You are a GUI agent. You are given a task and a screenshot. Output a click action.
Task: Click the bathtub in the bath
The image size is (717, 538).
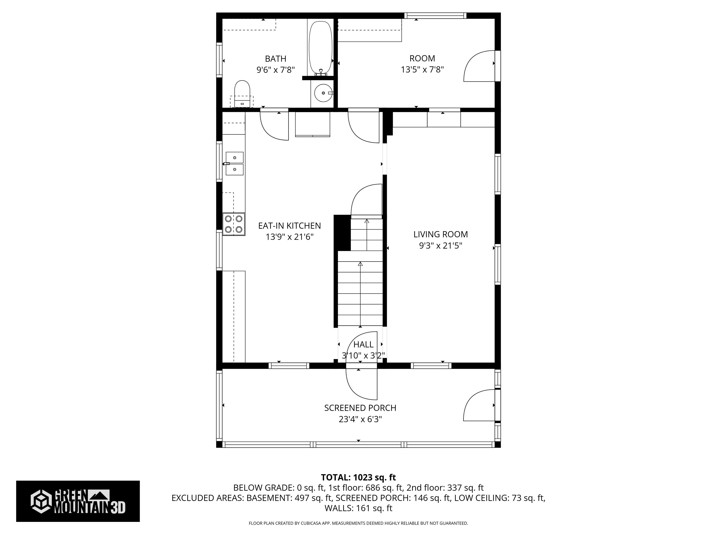(320, 48)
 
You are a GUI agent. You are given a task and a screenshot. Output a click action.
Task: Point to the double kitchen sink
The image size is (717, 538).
(234, 163)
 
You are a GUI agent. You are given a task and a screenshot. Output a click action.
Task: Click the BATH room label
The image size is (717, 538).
(275, 59)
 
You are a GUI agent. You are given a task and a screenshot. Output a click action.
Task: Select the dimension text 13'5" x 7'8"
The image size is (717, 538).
(422, 69)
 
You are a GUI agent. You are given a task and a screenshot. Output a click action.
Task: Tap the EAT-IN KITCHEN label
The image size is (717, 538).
(289, 226)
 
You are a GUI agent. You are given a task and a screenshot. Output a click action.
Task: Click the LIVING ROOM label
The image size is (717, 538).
(440, 234)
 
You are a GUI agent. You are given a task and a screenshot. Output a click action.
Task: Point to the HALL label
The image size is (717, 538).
(363, 344)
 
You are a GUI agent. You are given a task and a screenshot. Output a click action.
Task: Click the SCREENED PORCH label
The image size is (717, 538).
(360, 408)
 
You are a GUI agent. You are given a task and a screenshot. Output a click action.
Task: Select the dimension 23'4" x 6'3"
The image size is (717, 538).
(360, 419)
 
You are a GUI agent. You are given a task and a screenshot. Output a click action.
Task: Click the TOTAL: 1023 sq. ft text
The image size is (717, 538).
(358, 477)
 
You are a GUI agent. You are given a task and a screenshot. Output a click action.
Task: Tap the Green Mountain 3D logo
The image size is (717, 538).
(78, 501)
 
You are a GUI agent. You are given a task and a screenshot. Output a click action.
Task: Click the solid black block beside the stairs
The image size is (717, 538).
(342, 233)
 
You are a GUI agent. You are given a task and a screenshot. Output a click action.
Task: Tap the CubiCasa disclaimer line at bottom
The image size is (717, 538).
(358, 523)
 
